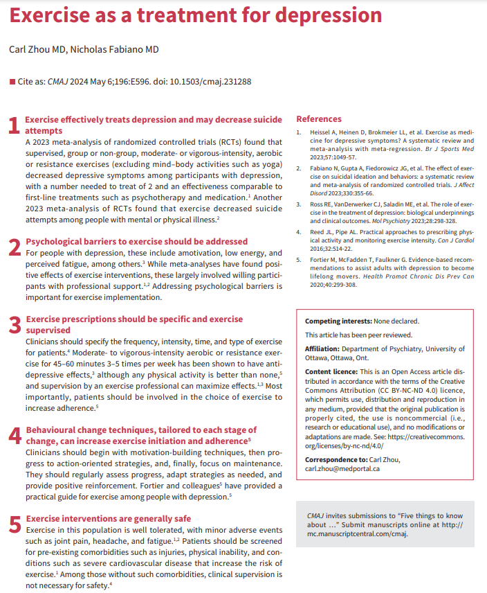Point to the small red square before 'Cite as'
pyautogui.click(x=12, y=82)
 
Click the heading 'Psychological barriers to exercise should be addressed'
pyautogui.click(x=136, y=241)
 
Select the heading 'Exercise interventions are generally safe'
pyautogui.click(x=108, y=518)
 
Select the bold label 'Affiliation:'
pyautogui.click(x=327, y=349)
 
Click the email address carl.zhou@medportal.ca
pyautogui.click(x=342, y=468)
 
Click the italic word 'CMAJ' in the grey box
pyautogui.click(x=316, y=515)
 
